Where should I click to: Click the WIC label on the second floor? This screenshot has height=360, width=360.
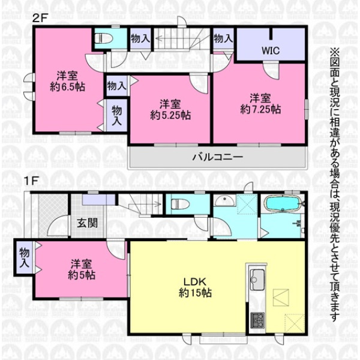(271, 50)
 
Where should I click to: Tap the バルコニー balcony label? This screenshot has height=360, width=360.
(218, 157)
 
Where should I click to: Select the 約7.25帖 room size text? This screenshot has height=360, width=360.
(260, 110)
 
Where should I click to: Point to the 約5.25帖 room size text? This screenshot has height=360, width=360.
(170, 115)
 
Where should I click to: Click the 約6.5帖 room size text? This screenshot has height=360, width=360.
(67, 87)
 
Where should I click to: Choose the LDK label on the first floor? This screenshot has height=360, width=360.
(195, 281)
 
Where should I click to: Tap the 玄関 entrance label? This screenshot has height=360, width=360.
(87, 223)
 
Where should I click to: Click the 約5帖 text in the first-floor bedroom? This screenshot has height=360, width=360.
(82, 275)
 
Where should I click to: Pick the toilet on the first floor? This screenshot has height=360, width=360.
(180, 203)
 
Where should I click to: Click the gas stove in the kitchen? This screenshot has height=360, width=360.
(257, 320)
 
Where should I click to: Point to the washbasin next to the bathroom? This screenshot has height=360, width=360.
(224, 201)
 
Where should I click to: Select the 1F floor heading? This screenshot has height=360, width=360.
(31, 181)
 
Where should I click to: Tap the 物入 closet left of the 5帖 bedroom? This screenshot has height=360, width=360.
(24, 257)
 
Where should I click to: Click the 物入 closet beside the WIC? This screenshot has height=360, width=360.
(223, 38)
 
